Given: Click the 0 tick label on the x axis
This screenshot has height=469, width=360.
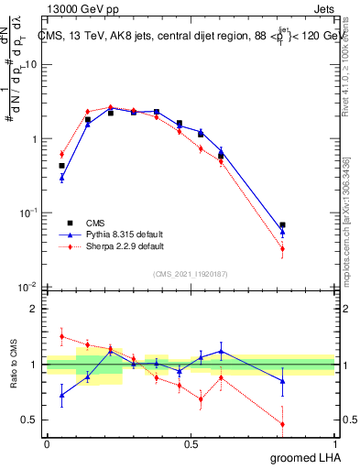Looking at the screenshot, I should pos(47,444).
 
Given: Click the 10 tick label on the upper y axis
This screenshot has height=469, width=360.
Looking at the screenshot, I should pos(31,64).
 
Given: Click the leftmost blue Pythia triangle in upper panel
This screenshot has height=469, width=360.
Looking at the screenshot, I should pos(61,178).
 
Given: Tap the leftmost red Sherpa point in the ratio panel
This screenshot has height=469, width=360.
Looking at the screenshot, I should pos(61,336).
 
